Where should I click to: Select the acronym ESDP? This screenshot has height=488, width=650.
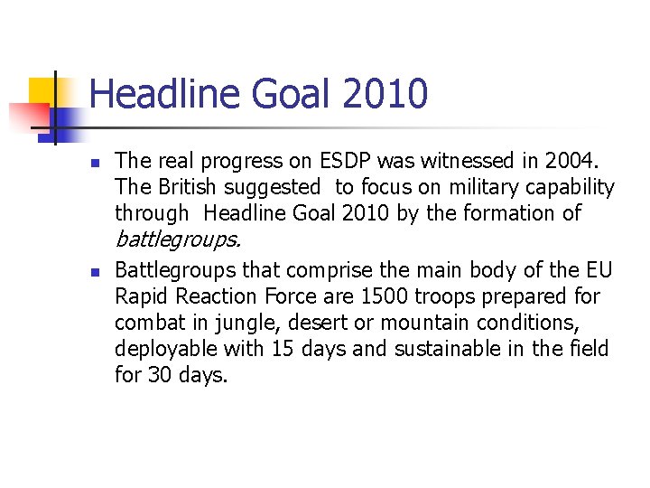pyautogui.click(x=347, y=161)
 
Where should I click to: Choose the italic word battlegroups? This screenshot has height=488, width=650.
pyautogui.click(x=178, y=239)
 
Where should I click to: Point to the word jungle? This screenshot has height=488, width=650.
pyautogui.click(x=239, y=323)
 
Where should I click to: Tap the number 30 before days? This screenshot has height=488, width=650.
pyautogui.click(x=159, y=374)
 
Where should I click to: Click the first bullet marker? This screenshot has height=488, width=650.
pyautogui.click(x=94, y=163)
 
